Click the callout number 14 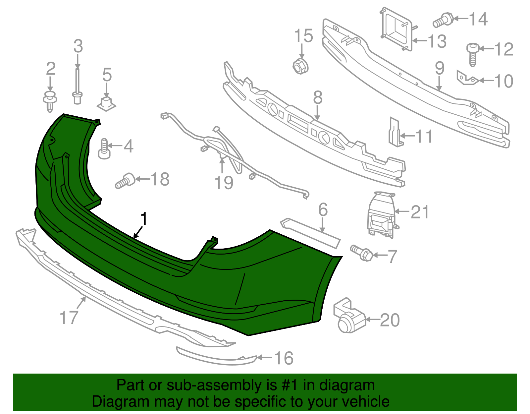click(x=478, y=19)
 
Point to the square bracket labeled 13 click(x=397, y=29)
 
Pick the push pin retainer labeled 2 click(x=50, y=100)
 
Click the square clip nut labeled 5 click(x=106, y=103)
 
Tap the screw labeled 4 click(x=104, y=149)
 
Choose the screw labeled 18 click(x=125, y=180)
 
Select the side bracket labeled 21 click(x=381, y=215)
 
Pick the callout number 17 click(x=69, y=317)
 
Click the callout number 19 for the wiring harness click(x=224, y=183)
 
